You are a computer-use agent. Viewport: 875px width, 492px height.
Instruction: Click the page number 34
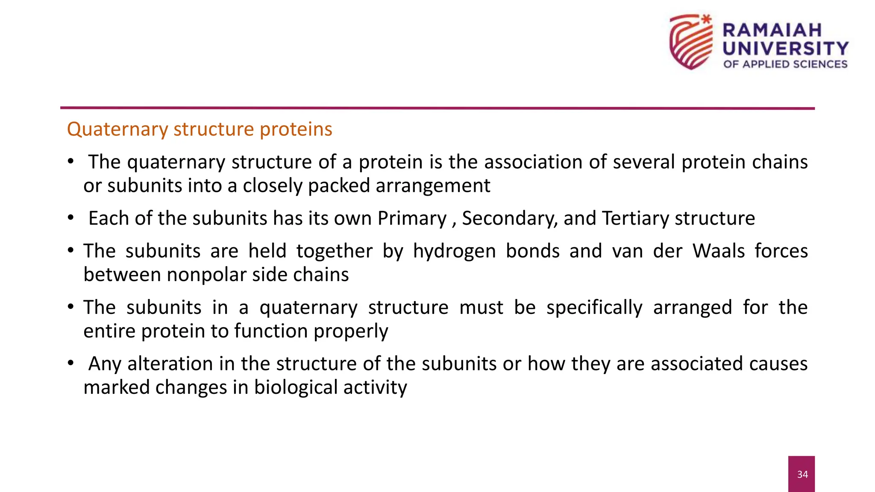(x=802, y=474)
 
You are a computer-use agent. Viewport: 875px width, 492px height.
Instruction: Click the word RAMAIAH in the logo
(x=772, y=30)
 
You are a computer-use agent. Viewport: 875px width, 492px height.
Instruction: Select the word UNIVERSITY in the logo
(x=785, y=48)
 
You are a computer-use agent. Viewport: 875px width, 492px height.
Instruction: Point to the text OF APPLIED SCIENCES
(x=785, y=64)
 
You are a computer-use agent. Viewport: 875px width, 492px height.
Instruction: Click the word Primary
(x=412, y=218)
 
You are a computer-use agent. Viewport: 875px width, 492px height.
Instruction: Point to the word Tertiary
(x=636, y=218)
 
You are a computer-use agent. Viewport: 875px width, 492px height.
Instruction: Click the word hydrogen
(x=454, y=251)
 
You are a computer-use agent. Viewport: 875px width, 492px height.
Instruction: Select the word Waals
(x=719, y=251)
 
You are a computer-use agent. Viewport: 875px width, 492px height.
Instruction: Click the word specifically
(x=594, y=307)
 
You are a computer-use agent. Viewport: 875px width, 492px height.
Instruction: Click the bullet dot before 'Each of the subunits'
(x=70, y=218)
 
